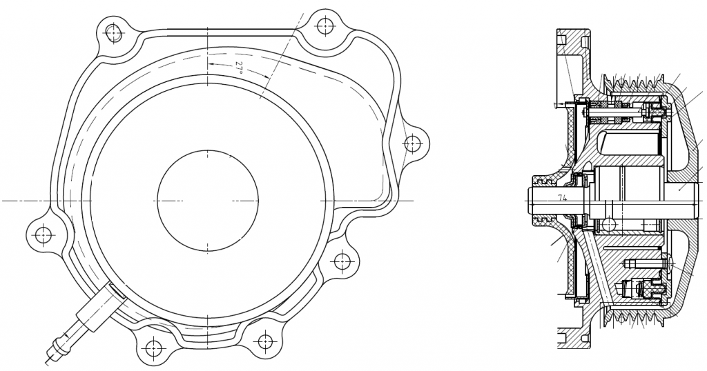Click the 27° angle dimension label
click(x=239, y=68)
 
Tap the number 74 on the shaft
click(x=562, y=198)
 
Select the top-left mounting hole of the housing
click(x=114, y=32)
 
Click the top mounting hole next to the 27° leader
click(x=326, y=26)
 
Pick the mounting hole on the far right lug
click(x=412, y=144)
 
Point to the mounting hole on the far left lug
click(x=43, y=234)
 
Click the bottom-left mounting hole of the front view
click(x=153, y=348)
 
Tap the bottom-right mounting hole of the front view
click(x=264, y=341)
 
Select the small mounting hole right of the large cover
click(x=342, y=261)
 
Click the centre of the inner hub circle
click(x=208, y=201)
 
